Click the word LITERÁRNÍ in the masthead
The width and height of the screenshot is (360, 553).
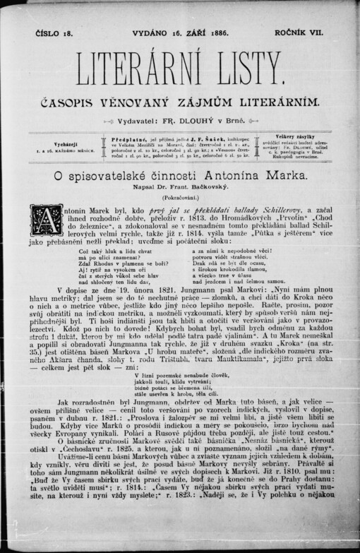131,67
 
